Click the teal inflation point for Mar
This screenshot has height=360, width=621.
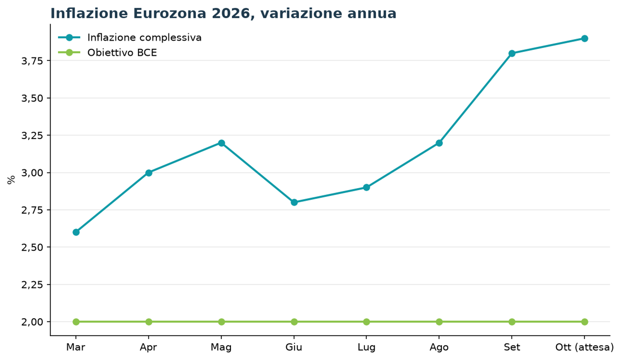coord(76,232)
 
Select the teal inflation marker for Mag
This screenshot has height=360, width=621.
coord(221,143)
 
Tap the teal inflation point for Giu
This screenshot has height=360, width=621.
coord(294,203)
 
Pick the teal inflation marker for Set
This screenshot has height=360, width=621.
coord(512,53)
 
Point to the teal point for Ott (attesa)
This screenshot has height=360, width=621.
coord(585,39)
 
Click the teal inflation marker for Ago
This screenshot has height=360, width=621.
coord(439,143)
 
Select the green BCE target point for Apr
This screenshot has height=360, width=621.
coord(149,322)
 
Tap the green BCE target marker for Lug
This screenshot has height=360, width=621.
coord(366,322)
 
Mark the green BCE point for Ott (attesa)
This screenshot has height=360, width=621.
coord(585,322)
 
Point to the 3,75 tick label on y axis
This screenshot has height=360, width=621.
coord(32,61)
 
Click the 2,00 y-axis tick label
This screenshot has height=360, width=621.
coord(32,322)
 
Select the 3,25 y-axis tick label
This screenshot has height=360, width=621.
coord(32,135)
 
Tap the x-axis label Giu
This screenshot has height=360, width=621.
coord(294,347)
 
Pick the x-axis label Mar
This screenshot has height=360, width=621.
coord(76,347)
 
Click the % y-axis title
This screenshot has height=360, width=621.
coord(11,180)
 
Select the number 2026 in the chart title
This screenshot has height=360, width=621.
coord(233,14)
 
